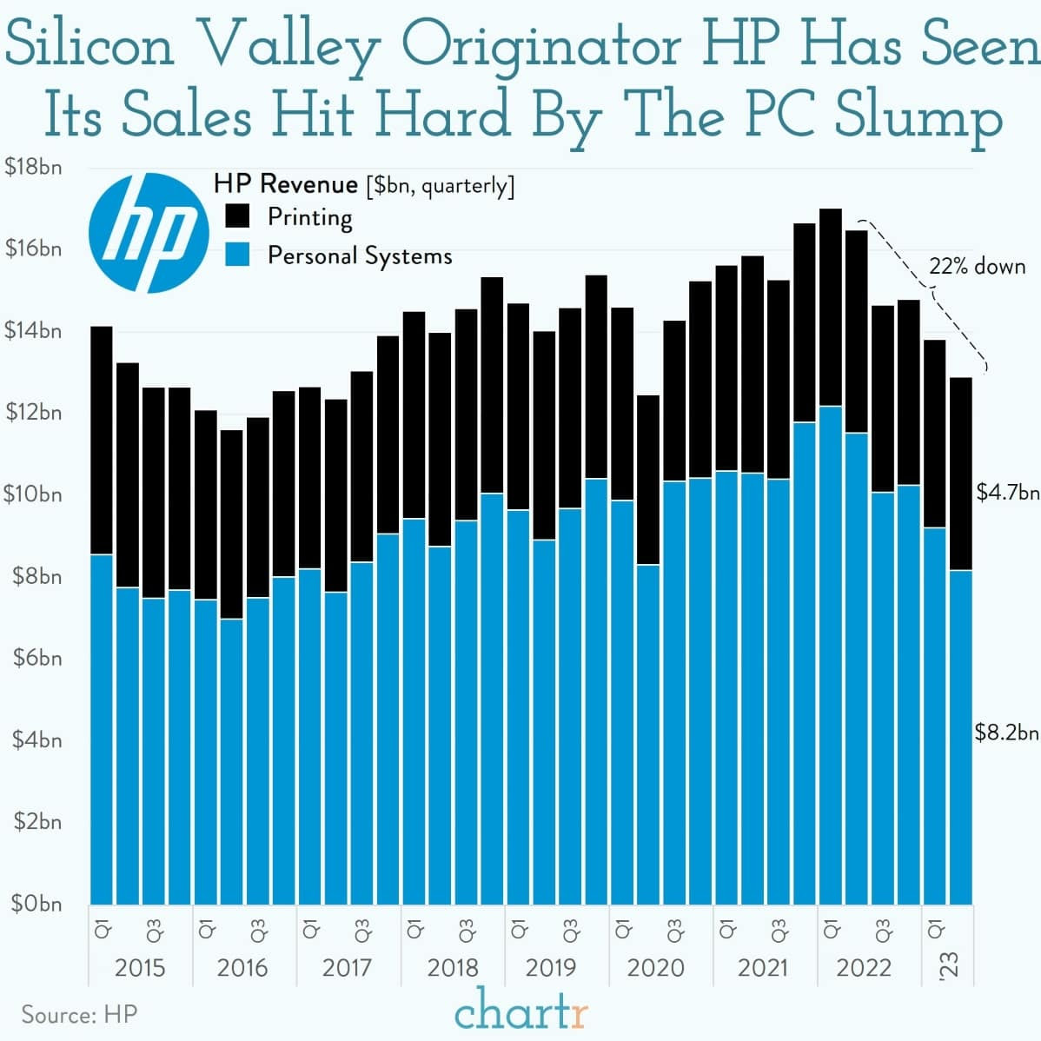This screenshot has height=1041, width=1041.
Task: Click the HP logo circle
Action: tap(149, 232)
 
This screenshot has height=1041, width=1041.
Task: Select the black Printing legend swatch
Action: tap(236, 215)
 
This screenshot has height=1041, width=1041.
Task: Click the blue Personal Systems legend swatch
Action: tap(236, 255)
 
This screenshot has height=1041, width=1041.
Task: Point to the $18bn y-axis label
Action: tap(33, 167)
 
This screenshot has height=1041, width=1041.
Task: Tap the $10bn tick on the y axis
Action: tap(33, 494)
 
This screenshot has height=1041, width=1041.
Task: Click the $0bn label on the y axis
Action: tap(36, 904)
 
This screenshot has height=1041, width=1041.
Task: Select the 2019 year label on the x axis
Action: tap(551, 967)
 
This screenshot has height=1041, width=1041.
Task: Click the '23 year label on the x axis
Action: tap(949, 965)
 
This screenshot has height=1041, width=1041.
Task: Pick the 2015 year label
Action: tap(139, 967)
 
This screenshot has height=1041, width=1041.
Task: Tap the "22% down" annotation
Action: tap(977, 266)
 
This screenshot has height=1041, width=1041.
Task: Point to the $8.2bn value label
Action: tap(1006, 733)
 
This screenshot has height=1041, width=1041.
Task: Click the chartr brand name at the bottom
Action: tap(520, 1011)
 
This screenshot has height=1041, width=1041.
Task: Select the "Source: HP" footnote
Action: tap(79, 1014)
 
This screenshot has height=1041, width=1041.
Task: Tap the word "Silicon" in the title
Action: tap(90, 45)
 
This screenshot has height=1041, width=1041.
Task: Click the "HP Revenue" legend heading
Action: tap(286, 184)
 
